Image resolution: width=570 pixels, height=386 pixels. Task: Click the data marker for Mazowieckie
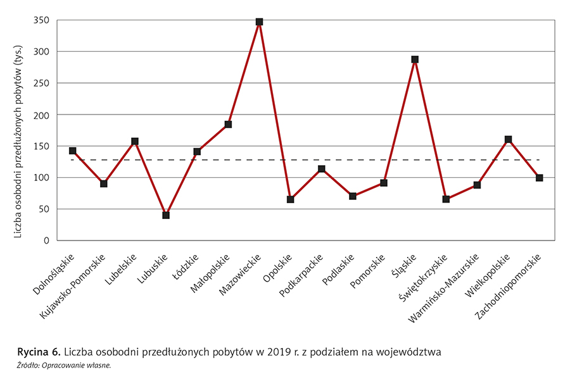tap(259, 22)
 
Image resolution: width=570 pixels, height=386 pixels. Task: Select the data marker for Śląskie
tap(415, 59)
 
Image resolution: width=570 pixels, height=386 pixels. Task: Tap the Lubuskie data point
tap(166, 215)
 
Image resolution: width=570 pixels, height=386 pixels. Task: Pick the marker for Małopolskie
tap(228, 125)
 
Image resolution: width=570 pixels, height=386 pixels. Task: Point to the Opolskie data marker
tap(290, 199)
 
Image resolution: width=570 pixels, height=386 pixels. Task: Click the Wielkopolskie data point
tap(508, 139)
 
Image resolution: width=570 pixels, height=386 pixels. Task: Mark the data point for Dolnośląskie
tap(73, 151)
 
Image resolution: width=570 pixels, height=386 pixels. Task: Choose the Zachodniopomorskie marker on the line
tap(539, 178)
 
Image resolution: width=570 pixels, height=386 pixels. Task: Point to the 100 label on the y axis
tap(41, 178)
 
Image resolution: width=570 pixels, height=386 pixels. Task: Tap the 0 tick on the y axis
tap(46, 241)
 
